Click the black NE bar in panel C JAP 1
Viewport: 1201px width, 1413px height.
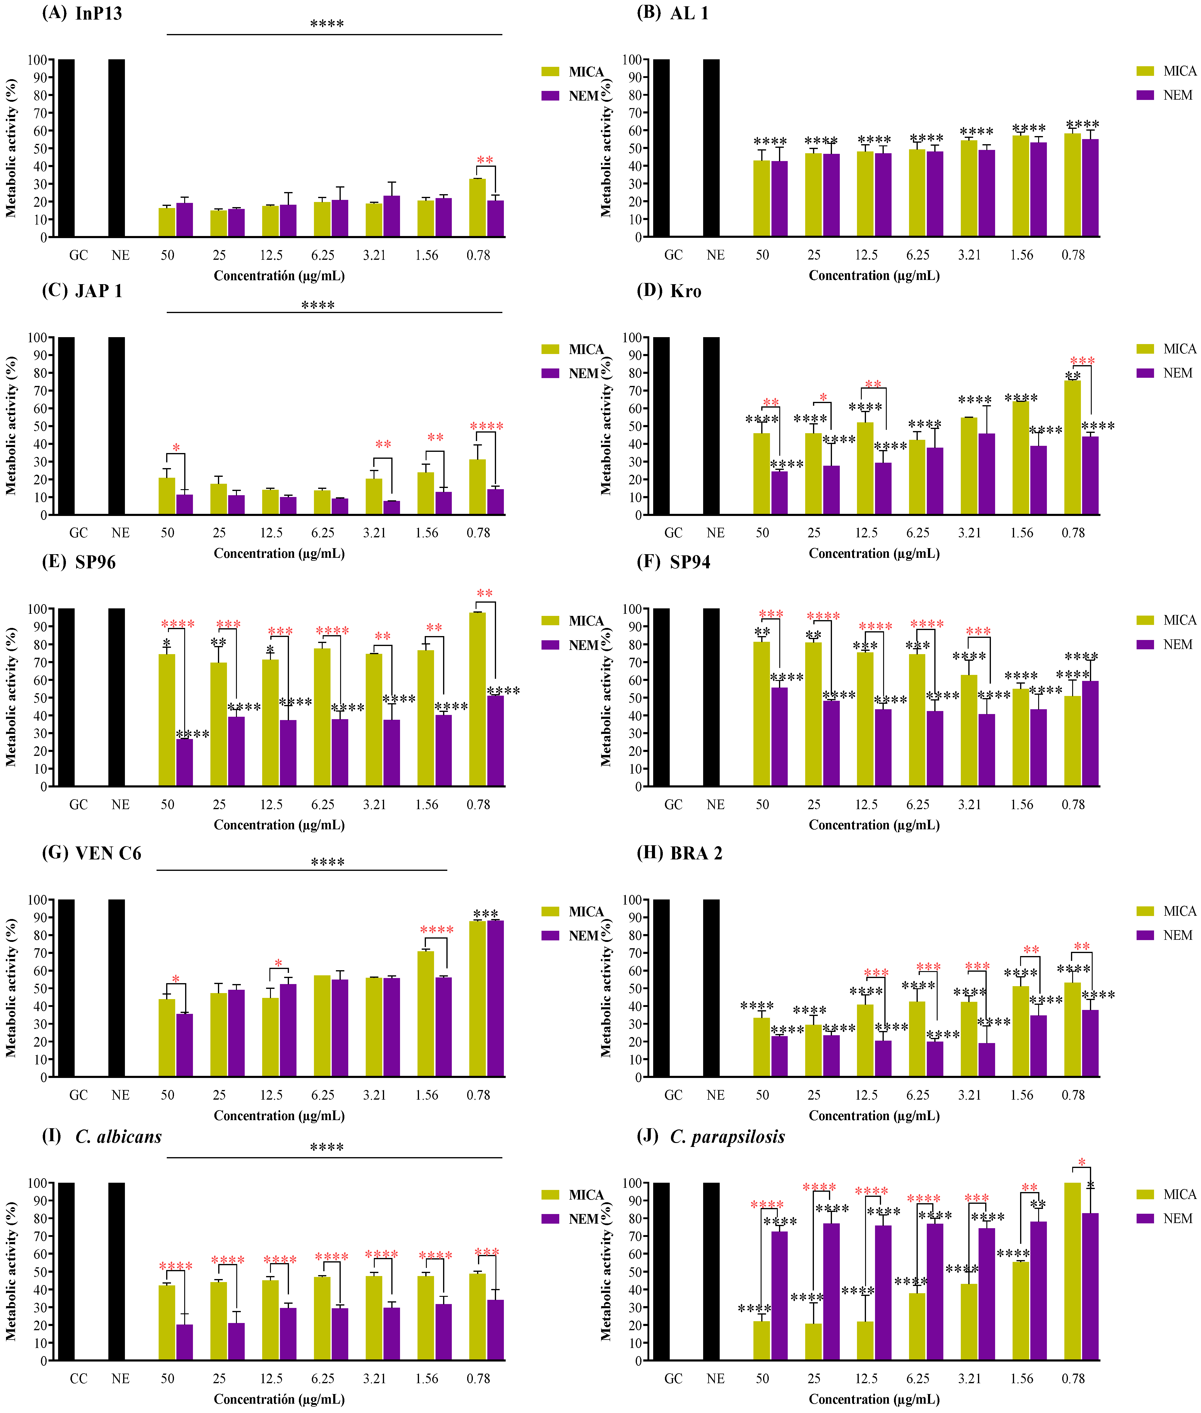(x=116, y=426)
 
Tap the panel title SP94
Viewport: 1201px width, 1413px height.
(x=690, y=562)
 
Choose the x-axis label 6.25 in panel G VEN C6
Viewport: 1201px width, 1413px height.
(x=323, y=1095)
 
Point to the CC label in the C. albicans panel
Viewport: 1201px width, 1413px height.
(x=78, y=1378)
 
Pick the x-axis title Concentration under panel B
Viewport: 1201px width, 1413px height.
(x=874, y=275)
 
